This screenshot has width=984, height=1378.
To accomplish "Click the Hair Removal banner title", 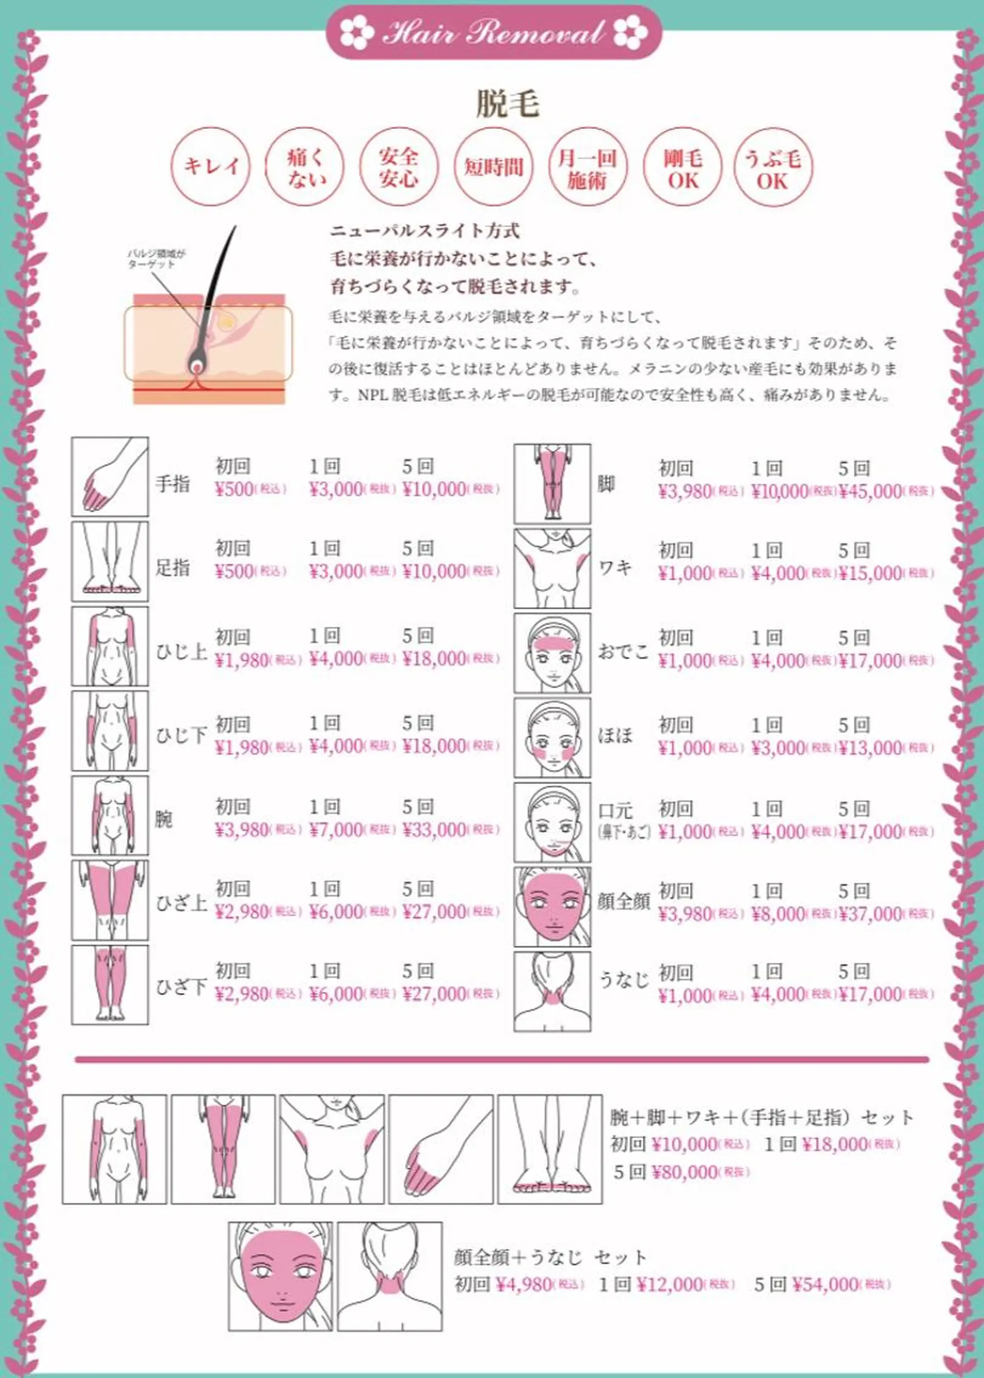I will click(493, 33).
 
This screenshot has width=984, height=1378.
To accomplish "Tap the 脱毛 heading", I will click(507, 104).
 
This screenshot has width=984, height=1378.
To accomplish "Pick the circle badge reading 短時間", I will click(493, 167).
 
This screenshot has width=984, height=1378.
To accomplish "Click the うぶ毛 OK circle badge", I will click(772, 169).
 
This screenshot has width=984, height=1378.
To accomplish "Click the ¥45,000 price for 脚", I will click(871, 492).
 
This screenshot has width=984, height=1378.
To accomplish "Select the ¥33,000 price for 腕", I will click(434, 829).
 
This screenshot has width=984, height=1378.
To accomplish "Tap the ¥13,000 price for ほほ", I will click(871, 748).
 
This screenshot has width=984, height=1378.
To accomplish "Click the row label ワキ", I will click(615, 568).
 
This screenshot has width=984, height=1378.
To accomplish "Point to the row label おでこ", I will click(623, 652).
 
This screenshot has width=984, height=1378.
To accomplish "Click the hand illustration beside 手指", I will click(110, 477).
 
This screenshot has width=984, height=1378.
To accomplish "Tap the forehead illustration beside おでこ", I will click(552, 653).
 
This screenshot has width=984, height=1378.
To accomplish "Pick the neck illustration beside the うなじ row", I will click(552, 992).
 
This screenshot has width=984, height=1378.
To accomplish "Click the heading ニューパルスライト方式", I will click(424, 230).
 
